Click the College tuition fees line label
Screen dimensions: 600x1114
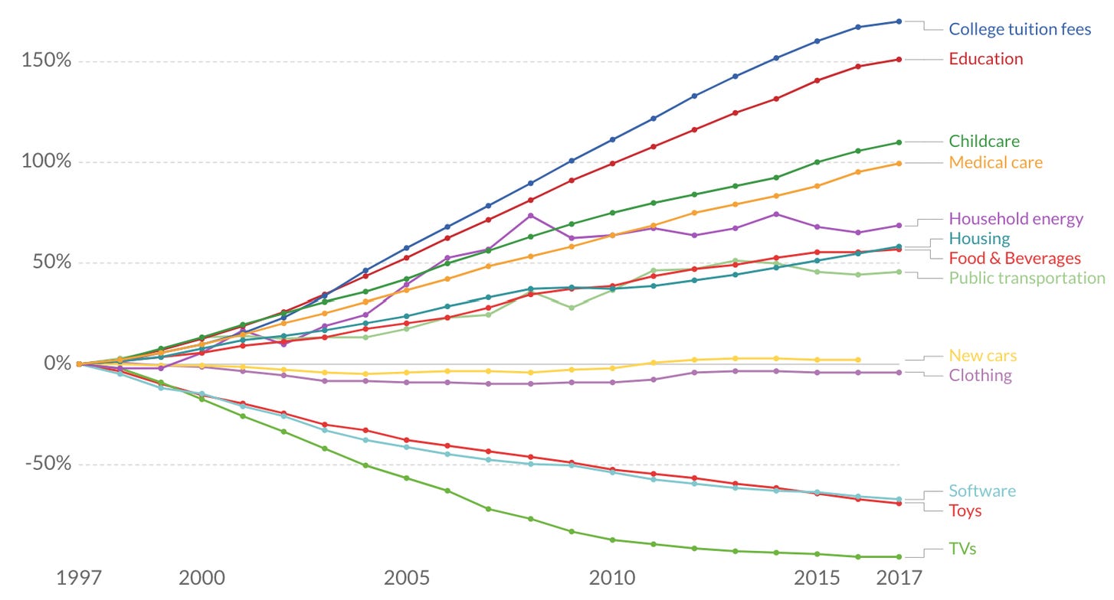pyautogui.click(x=1020, y=29)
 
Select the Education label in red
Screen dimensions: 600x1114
pyautogui.click(x=985, y=59)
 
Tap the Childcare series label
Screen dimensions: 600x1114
pyautogui.click(x=984, y=141)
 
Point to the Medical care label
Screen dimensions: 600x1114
pyautogui.click(x=995, y=162)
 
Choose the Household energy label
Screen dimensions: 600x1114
pyautogui.click(x=1016, y=219)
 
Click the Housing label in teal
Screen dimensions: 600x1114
pyautogui.click(x=979, y=239)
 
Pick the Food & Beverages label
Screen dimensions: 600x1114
pyautogui.click(x=1014, y=258)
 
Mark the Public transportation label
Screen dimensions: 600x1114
pyautogui.click(x=1027, y=278)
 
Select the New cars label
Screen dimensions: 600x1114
pyautogui.click(x=983, y=356)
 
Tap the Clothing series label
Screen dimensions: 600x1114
pyautogui.click(x=980, y=376)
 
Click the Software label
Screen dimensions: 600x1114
pyautogui.click(x=982, y=491)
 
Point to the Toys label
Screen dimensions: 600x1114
pyautogui.click(x=965, y=510)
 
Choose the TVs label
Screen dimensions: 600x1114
pyautogui.click(x=962, y=549)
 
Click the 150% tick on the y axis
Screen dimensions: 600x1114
pyautogui.click(x=48, y=60)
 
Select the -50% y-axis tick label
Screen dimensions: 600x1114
pyautogui.click(x=48, y=464)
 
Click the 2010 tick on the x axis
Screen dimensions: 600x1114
pyautogui.click(x=612, y=577)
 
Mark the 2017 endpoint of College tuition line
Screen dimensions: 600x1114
pyautogui.click(x=899, y=21)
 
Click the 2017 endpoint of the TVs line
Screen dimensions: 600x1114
pyautogui.click(x=899, y=556)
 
